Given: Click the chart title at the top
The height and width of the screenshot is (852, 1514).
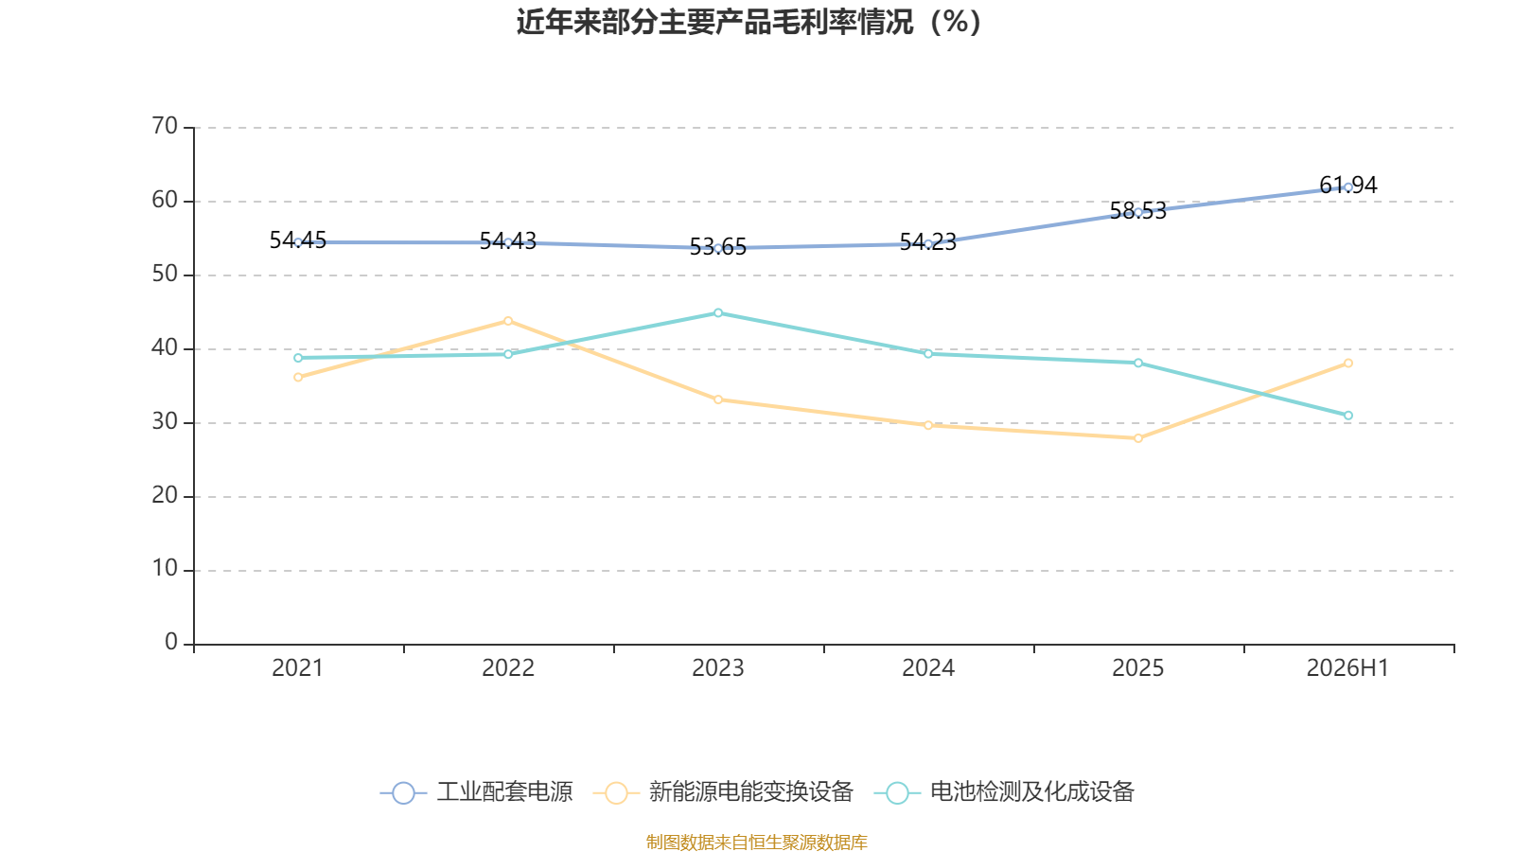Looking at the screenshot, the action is [x=748, y=23].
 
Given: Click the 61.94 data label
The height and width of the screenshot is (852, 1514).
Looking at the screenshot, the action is [x=1347, y=185].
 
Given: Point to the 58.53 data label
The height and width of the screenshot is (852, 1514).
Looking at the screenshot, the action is [x=1138, y=211].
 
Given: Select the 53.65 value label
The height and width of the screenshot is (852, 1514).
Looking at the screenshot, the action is [x=718, y=247].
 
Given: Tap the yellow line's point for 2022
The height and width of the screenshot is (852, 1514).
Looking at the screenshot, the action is [x=508, y=321].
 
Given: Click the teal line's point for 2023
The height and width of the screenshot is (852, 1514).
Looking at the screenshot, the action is [x=718, y=313].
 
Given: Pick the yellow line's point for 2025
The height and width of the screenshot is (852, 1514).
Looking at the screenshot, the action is [x=1138, y=438].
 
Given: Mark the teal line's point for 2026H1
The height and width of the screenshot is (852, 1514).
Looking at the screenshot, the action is [x=1348, y=416].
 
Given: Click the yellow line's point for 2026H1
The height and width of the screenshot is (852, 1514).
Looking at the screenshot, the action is [x=1348, y=364].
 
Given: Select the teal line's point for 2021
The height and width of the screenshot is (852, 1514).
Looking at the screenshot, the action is [x=298, y=358].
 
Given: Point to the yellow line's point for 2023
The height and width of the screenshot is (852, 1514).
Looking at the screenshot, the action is [x=718, y=399].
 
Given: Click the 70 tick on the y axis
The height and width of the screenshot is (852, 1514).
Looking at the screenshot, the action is [x=165, y=127].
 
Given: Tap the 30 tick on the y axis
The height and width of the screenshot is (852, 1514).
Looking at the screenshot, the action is [x=165, y=422].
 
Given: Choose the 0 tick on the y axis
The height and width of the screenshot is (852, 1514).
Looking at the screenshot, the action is [x=171, y=643].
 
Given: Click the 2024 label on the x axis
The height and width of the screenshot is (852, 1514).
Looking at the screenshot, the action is [x=928, y=668].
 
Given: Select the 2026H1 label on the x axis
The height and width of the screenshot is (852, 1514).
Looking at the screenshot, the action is [x=1347, y=668].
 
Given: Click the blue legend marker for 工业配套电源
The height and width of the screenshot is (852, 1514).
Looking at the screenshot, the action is [x=403, y=792].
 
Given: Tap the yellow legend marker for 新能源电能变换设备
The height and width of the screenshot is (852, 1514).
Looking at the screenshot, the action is [x=616, y=792].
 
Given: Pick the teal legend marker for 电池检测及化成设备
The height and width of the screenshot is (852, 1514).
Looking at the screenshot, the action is [x=897, y=792].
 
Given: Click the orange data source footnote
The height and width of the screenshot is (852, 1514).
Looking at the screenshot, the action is [x=756, y=842].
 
